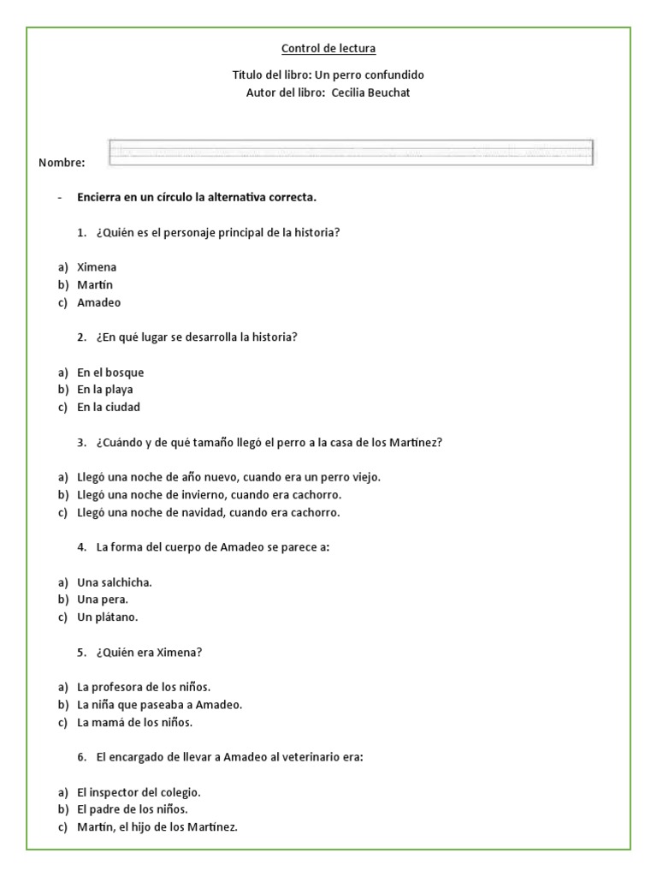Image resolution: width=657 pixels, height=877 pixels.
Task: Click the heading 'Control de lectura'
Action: point(328,49)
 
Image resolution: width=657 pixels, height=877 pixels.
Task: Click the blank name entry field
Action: point(351,152)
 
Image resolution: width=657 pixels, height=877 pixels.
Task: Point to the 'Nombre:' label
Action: point(62,163)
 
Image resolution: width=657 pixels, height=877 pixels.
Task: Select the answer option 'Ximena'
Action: point(97,267)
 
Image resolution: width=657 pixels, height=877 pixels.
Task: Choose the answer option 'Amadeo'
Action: point(98,302)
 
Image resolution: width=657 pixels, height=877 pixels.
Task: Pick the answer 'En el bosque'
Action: point(110,373)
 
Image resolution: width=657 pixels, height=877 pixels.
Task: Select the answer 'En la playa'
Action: point(105,390)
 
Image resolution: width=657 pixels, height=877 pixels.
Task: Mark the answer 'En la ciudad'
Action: point(109,407)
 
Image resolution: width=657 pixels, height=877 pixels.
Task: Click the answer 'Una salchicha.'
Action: point(115,582)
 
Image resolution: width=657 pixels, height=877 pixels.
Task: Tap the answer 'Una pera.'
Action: point(103,600)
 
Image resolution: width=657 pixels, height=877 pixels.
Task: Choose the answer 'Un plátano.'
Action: point(108,617)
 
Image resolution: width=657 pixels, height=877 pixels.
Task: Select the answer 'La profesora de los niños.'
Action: point(144,687)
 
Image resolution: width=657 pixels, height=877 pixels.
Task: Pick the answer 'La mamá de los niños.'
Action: point(135,722)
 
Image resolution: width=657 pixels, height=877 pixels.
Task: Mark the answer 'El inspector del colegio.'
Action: point(139,792)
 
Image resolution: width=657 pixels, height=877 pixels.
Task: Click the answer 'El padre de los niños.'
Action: point(133,809)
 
